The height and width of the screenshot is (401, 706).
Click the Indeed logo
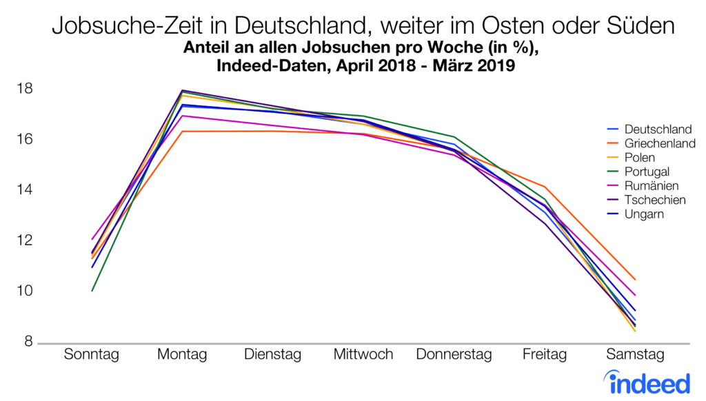[x=646, y=381]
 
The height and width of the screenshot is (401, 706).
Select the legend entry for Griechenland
[x=659, y=143]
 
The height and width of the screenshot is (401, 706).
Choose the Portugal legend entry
[x=647, y=172]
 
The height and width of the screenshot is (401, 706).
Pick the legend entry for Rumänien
[x=651, y=186]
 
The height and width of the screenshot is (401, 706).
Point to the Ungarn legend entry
[x=645, y=214]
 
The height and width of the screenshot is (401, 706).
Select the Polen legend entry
[x=641, y=158]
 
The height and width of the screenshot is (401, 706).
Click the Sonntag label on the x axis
[x=92, y=355]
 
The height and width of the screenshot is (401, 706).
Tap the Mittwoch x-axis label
[x=363, y=355]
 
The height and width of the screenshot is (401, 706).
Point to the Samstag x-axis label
[x=635, y=355]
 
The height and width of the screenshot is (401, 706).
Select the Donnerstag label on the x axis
[x=454, y=355]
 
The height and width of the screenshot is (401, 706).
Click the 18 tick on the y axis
[x=26, y=89]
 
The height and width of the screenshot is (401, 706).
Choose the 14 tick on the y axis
[x=26, y=190]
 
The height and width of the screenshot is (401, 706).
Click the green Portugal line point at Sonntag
[x=92, y=291]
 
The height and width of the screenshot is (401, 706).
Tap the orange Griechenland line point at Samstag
[x=635, y=280]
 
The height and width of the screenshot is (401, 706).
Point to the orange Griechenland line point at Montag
[x=183, y=131]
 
